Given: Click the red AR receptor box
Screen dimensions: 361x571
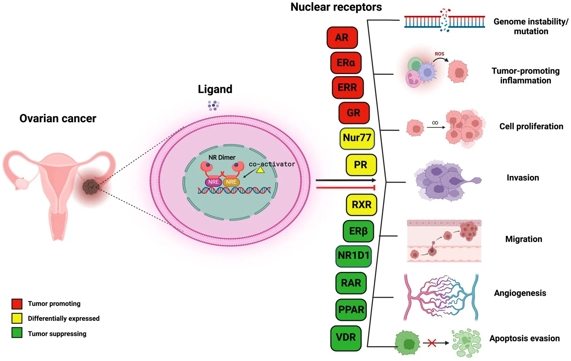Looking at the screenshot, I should (342, 37).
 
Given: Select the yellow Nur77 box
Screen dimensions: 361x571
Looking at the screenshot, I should (357, 138).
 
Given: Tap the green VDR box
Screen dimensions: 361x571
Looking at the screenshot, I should (346, 338).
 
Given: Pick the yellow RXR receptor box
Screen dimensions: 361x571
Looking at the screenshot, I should (361, 204).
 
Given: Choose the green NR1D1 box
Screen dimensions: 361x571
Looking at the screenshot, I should (353, 256).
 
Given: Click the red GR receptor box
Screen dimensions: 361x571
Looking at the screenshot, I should (354, 113).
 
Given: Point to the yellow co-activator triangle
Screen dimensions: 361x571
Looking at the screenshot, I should (260, 170).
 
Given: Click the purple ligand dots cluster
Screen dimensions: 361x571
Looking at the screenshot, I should (213, 105).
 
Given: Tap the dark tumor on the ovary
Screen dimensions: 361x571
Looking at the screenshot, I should (91, 187).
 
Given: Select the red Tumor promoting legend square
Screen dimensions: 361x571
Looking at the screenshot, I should (17, 303).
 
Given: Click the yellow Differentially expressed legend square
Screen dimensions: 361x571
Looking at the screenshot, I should (17, 318).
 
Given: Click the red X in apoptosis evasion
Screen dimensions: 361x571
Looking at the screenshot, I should (432, 343).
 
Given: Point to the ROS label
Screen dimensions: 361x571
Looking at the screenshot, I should (439, 54).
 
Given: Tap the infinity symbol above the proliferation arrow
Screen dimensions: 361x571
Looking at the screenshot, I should (435, 122).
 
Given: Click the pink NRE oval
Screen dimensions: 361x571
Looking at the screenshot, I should (213, 182).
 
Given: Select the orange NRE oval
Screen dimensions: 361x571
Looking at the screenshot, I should (231, 182).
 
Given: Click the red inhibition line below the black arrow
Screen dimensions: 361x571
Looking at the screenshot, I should (345, 187).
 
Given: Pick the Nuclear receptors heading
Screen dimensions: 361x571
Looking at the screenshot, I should (336, 7).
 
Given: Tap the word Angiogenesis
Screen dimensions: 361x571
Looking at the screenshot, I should (520, 293).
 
